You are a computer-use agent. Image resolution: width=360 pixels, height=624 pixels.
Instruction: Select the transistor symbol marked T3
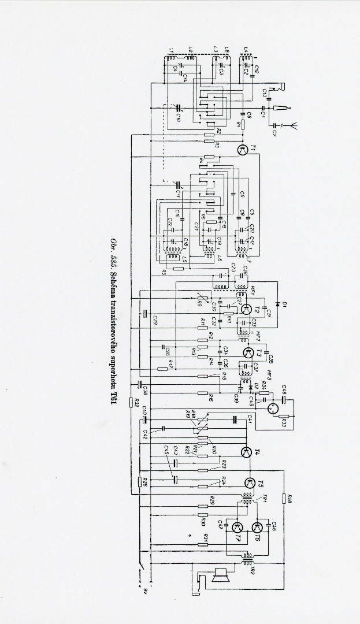[x=247, y=352]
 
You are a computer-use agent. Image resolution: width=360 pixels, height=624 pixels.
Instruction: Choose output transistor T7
[x=237, y=528]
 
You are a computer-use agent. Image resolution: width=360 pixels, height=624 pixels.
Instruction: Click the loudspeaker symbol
[x=220, y=575]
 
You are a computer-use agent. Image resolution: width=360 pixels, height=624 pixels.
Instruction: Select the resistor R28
[x=284, y=499]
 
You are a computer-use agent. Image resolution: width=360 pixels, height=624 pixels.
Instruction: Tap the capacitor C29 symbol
[x=146, y=314]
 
